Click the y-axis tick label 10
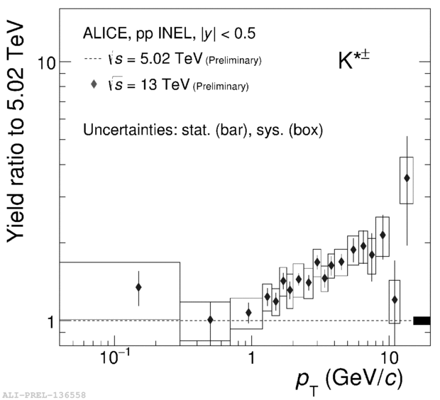47,63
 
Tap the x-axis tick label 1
251,358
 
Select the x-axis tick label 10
387,358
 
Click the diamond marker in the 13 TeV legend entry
94,85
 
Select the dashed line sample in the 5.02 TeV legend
94,60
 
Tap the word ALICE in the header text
104,33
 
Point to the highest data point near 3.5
407,178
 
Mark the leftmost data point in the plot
138,287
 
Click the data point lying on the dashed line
210,320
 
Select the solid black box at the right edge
422,321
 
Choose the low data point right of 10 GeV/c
395,300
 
